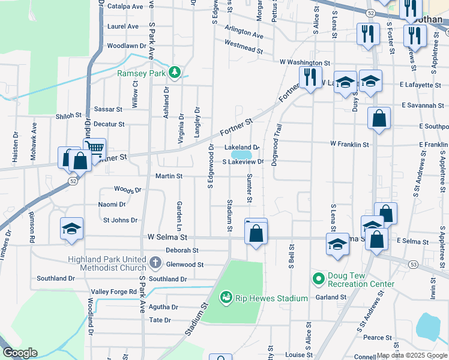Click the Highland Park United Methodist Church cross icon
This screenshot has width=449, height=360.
(155, 262)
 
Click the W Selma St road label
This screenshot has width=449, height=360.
(167, 238)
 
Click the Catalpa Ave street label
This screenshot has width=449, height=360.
(125, 7)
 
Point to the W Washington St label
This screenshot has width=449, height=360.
(305, 62)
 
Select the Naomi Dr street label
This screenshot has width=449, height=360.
(112, 205)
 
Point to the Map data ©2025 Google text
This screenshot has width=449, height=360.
(411, 356)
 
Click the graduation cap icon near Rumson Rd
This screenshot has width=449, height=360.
(71, 229)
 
